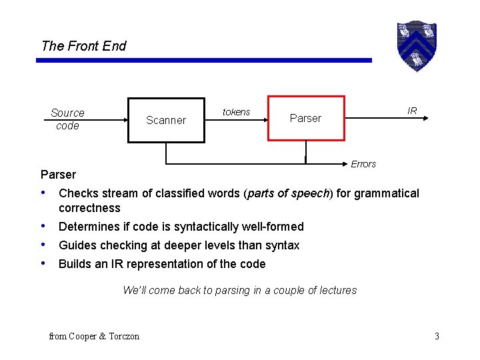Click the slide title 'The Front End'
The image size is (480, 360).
tap(83, 46)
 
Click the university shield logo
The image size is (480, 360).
tap(416, 46)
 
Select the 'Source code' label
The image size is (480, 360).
tap(67, 119)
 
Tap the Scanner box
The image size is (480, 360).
tap(166, 120)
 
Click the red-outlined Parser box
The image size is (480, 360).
tap(306, 118)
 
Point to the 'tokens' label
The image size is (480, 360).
tap(236, 112)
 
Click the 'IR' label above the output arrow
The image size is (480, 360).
tap(412, 111)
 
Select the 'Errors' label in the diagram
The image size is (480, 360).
tap(363, 164)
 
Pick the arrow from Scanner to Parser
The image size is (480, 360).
tap(236, 120)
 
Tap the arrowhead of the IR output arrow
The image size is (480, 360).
tap(423, 119)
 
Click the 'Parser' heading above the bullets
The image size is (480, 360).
tap(59, 175)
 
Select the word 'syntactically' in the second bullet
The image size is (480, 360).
tap(192, 227)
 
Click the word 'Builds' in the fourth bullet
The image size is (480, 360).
tap(75, 264)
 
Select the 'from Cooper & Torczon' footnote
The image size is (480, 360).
tap(94, 336)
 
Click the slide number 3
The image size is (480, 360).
tap(437, 336)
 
